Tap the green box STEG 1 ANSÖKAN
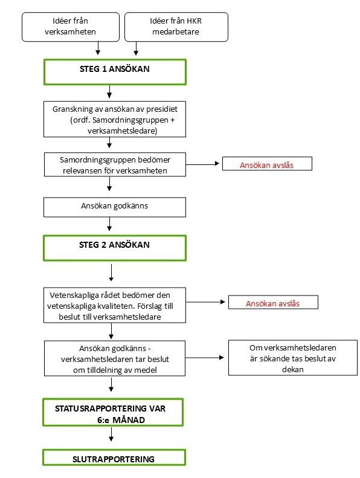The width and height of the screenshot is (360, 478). click(x=113, y=70)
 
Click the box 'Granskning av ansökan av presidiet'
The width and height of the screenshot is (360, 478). click(x=113, y=118)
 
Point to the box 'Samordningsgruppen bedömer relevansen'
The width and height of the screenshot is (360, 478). click(x=113, y=165)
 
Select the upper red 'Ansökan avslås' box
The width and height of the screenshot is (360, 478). click(x=267, y=164)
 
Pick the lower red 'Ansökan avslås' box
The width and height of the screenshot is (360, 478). click(x=272, y=303)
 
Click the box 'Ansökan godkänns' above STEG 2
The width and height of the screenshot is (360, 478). click(x=113, y=206)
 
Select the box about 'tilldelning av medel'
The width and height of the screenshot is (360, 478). click(x=113, y=359)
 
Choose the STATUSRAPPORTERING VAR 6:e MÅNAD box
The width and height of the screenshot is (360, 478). click(x=113, y=413)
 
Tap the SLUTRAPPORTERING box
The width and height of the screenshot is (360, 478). click(x=113, y=458)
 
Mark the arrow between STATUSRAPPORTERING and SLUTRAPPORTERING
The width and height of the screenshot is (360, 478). click(x=111, y=438)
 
